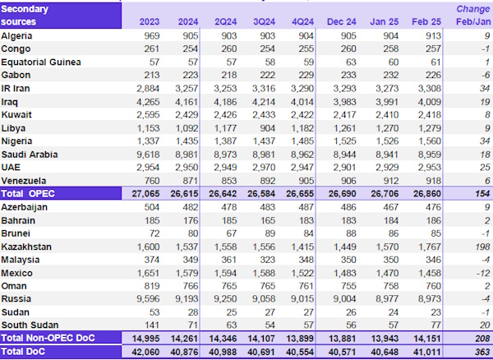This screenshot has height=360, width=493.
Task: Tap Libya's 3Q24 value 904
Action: click(260, 128)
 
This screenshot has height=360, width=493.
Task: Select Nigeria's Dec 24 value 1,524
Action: click(341, 141)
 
